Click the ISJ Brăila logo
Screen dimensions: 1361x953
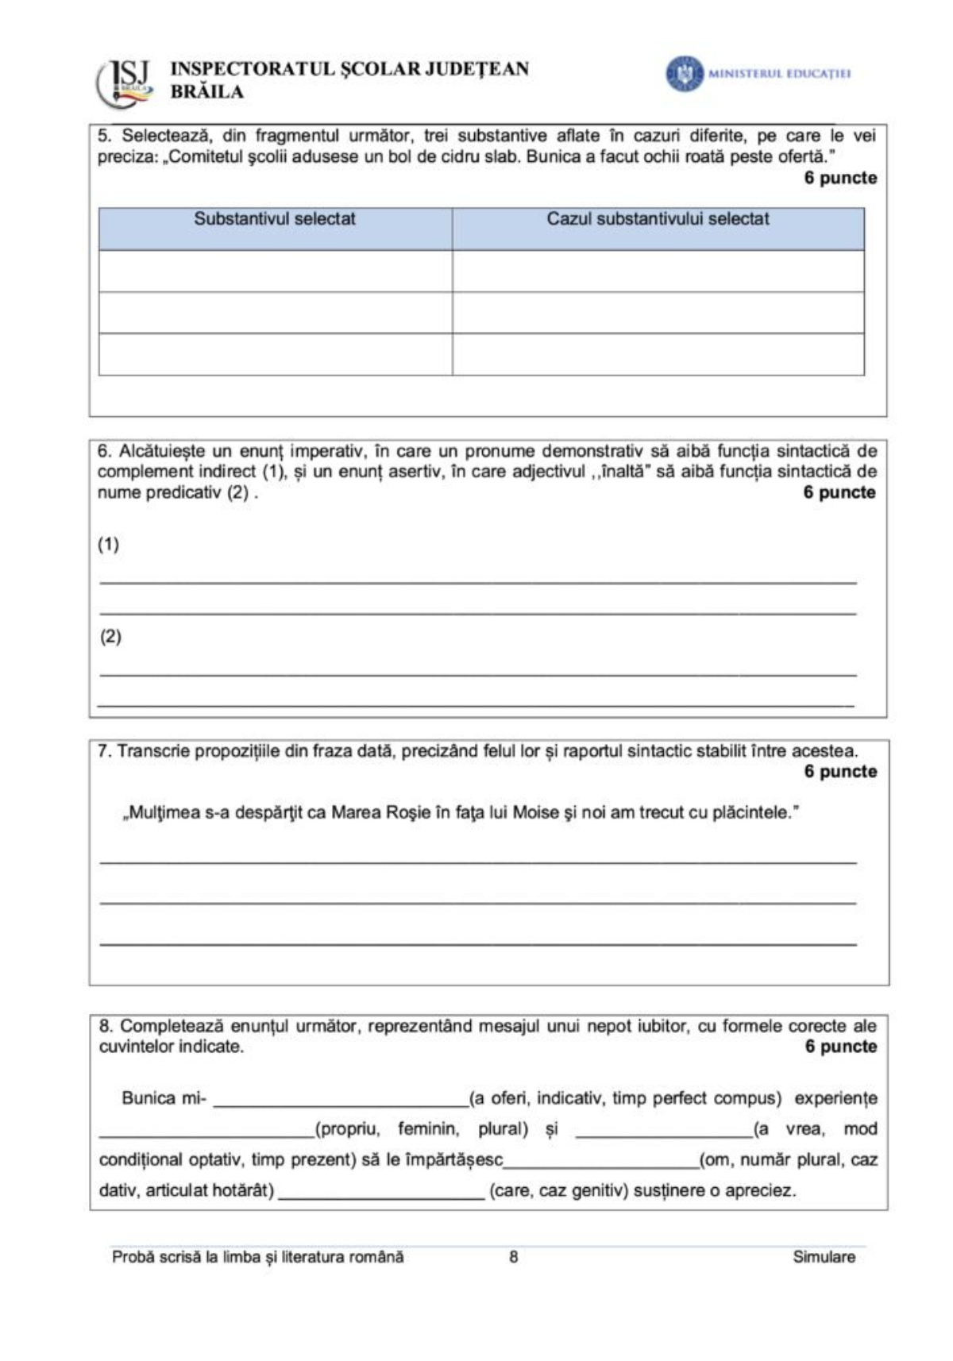coord(125,82)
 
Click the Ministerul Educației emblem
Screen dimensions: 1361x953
coord(684,74)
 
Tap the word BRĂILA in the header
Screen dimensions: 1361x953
coord(206,92)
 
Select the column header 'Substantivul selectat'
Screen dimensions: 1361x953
coord(275,219)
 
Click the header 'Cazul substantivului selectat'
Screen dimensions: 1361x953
coord(658,219)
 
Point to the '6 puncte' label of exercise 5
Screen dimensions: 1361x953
coord(840,178)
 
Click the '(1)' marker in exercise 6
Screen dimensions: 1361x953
coord(109,545)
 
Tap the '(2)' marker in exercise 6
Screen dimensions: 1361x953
coord(110,637)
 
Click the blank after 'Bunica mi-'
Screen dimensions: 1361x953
coord(340,1101)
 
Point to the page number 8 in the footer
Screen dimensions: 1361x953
coord(514,1257)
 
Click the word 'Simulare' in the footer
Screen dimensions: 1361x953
coord(824,1257)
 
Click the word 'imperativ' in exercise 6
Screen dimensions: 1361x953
coord(326,452)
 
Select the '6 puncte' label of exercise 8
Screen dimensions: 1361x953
coord(840,1047)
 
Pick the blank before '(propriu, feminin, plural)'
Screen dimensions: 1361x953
coord(206,1131)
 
